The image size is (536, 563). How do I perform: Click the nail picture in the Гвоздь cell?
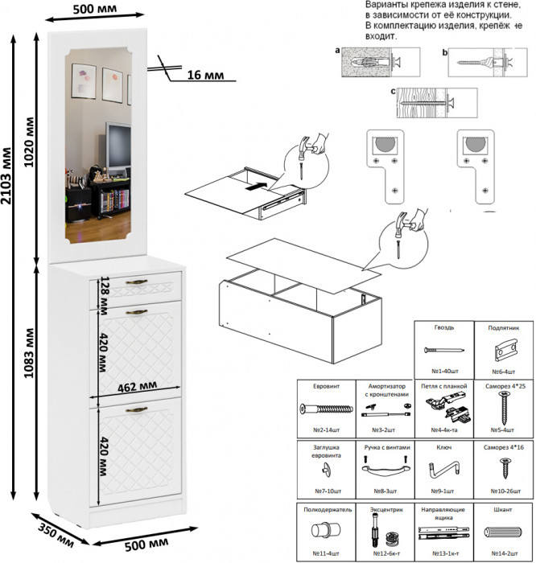(443, 351)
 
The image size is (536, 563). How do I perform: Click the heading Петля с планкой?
(443, 386)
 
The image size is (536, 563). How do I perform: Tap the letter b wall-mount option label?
(444, 51)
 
